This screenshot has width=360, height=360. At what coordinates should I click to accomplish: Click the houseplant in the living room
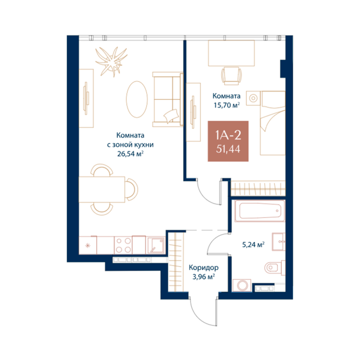click(x=112, y=61)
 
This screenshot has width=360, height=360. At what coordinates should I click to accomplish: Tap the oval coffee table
click(x=137, y=99)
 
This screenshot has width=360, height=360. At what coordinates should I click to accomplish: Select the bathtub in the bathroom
click(x=260, y=211)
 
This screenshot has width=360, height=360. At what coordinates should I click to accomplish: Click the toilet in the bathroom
click(x=275, y=268)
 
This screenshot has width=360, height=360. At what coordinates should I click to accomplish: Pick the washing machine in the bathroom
click(x=242, y=285)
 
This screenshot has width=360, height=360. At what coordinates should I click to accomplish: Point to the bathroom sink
click(x=278, y=241)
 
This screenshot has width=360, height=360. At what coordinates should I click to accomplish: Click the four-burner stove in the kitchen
click(x=123, y=245)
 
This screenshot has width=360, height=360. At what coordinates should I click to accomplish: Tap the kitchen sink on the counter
click(x=156, y=245)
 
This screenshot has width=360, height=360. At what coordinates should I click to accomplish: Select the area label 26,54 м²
click(x=130, y=154)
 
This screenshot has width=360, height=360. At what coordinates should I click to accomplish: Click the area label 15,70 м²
click(x=227, y=105)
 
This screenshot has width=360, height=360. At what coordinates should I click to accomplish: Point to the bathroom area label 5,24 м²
click(x=253, y=245)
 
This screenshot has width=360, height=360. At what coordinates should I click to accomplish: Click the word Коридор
click(x=203, y=268)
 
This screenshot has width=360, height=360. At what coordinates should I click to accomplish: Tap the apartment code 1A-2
click(x=228, y=135)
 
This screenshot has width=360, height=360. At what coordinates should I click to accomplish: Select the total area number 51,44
click(x=228, y=149)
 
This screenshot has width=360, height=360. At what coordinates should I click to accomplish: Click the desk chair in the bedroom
click(x=232, y=76)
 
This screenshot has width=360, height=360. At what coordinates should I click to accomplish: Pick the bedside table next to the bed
click(x=253, y=98)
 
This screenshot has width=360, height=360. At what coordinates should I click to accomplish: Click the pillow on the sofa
click(x=171, y=115)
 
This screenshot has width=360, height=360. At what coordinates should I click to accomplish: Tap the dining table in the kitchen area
click(x=102, y=189)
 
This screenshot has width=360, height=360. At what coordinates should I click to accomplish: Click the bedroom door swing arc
click(x=205, y=196)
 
